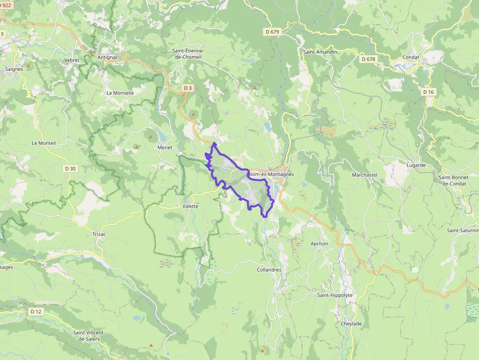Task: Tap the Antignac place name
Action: pyautogui.click(x=108, y=57)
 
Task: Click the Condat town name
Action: pyautogui.click(x=411, y=57)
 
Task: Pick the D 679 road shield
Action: pyautogui.click(x=273, y=32)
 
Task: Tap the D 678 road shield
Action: pyautogui.click(x=369, y=59)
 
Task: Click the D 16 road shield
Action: pyautogui.click(x=428, y=92)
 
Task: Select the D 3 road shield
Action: pyautogui.click(x=188, y=88)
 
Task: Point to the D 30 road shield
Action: pyautogui.click(x=70, y=169)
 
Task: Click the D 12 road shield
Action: pyautogui.click(x=36, y=311)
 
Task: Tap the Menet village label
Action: pyautogui.click(x=165, y=147)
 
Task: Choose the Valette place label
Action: pyautogui.click(x=190, y=206)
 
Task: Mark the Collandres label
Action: pyautogui.click(x=269, y=270)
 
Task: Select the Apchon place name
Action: pyautogui.click(x=320, y=243)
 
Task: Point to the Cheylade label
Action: pyautogui.click(x=351, y=323)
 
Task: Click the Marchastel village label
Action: pyautogui.click(x=365, y=174)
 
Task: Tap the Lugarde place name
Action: pyautogui.click(x=416, y=165)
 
